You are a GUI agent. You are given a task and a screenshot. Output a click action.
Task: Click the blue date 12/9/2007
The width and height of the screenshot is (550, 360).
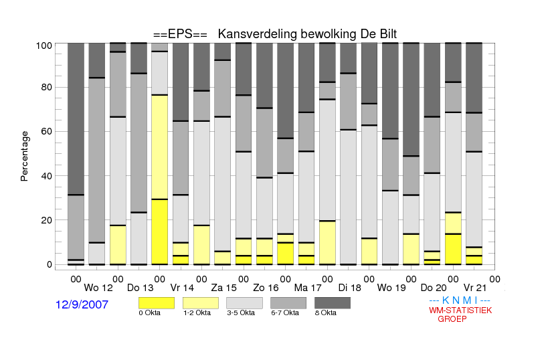pos(82,304)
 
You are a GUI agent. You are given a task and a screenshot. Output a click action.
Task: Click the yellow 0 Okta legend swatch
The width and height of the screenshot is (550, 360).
pos(157,303)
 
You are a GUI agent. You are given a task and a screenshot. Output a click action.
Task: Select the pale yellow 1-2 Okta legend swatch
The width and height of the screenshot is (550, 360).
pos(201,303)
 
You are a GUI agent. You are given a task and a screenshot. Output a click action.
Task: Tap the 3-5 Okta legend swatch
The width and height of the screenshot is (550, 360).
pos(244,303)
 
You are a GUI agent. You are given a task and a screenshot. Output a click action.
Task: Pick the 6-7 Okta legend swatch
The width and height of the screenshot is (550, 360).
pos(288,303)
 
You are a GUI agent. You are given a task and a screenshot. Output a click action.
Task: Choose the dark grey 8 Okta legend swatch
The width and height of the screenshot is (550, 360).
pos(333,303)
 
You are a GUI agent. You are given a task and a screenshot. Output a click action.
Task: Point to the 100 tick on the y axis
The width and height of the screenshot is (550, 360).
pos(44,46)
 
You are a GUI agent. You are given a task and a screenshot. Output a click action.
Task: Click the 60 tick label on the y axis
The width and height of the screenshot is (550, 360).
pos(47,131)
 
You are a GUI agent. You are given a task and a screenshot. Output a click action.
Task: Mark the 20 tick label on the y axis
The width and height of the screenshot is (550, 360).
pos(47,220)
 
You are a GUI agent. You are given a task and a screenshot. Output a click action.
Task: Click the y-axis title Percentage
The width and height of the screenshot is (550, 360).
pos(24,156)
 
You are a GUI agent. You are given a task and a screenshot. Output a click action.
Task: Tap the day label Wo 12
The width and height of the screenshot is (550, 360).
pos(98,288)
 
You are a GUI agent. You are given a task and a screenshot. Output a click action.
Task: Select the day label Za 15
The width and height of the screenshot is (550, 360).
pos(223,288)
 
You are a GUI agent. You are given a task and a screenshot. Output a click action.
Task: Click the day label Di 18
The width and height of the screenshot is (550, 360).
pos(350,288)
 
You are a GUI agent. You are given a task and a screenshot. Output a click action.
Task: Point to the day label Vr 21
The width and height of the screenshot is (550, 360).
pos(475,288)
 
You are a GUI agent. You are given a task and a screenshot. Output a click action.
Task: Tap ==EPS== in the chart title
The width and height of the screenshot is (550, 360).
pos(180,34)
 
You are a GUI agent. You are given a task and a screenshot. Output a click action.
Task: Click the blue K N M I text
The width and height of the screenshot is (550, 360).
pos(460,300)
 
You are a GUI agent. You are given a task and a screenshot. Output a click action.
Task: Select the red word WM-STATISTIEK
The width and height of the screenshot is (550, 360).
pos(460,310)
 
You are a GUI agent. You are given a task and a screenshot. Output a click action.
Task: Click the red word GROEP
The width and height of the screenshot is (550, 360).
pos(452,319)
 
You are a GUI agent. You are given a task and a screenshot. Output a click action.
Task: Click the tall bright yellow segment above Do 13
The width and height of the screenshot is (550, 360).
pos(160,232)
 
